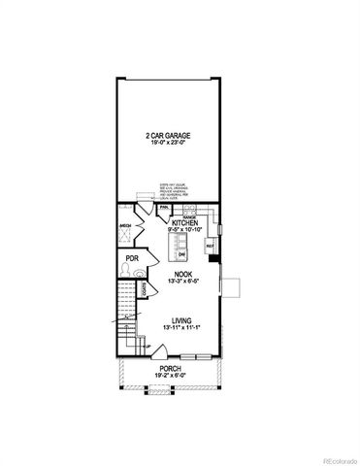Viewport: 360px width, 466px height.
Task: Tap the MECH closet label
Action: click(125, 225)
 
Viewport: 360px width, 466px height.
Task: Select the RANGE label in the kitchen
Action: click(190, 216)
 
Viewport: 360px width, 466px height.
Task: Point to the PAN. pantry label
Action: click(163, 208)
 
